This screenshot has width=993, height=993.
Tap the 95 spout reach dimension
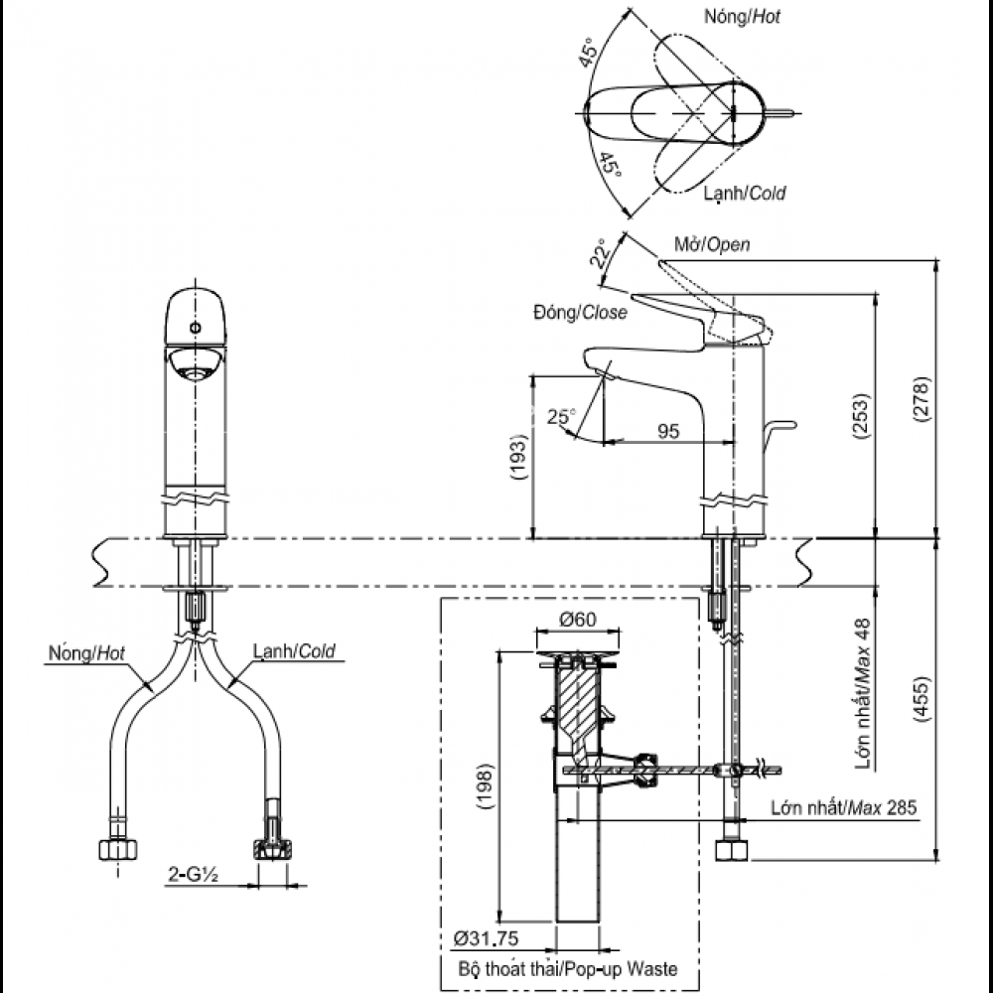pyautogui.click(x=668, y=431)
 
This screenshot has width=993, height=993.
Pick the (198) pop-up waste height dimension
pyautogui.click(x=484, y=786)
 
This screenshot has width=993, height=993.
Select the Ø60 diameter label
pyautogui.click(x=577, y=619)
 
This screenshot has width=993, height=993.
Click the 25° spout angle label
pyautogui.click(x=560, y=418)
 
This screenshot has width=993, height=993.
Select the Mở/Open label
pyautogui.click(x=712, y=244)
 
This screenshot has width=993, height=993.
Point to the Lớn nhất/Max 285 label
pyautogui.click(x=843, y=807)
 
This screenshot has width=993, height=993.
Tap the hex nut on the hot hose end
pyautogui.click(x=118, y=850)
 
